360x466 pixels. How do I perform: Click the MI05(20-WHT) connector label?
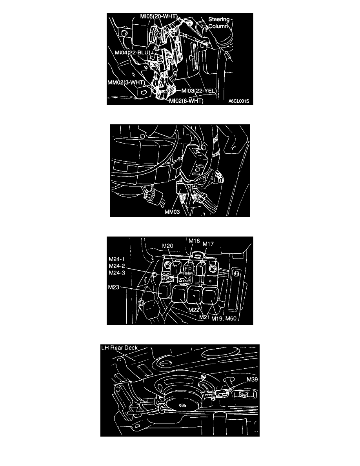tap(159, 16)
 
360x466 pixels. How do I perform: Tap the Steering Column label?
tap(219, 23)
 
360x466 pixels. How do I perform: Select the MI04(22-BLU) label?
tap(132, 53)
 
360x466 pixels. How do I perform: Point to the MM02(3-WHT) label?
tap(126, 82)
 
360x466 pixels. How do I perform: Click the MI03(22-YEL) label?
tap(199, 91)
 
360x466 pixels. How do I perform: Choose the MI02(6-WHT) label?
tap(186, 101)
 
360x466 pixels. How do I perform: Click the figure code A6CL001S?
tap(239, 101)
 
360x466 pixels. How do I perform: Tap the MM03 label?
tap(172, 212)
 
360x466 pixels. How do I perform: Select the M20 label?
tap(167, 246)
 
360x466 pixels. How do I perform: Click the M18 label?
tap(194, 241)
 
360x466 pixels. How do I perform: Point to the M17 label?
tap(208, 244)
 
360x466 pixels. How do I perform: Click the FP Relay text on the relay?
tap(188, 270)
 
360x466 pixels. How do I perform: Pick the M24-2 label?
tap(117, 266)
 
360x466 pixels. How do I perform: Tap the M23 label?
tap(114, 287)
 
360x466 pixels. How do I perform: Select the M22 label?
tap(194, 310)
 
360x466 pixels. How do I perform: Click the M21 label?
tap(204, 317)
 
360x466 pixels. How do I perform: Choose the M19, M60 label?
tap(224, 319)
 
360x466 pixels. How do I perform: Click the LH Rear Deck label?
tap(119, 348)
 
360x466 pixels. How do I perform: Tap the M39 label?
tap(252, 380)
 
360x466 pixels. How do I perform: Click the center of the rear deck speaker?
tap(182, 405)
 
